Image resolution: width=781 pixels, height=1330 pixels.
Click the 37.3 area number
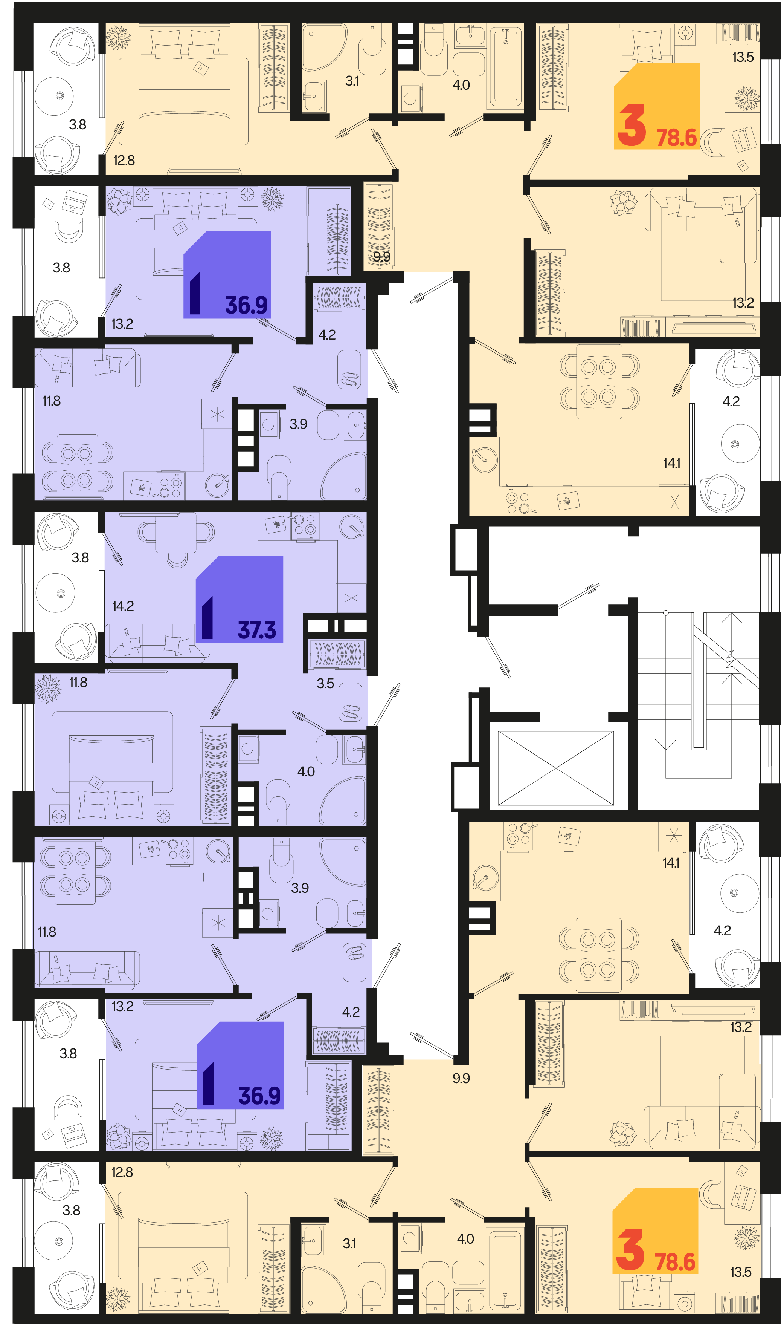click(257, 630)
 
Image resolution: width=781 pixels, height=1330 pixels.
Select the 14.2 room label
click(123, 606)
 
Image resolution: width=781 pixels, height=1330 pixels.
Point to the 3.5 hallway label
click(325, 684)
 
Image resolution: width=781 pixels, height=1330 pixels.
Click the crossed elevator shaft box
click(556, 768)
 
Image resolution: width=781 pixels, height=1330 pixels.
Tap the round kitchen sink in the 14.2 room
click(352, 526)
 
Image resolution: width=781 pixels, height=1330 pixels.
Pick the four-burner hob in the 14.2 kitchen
click(305, 526)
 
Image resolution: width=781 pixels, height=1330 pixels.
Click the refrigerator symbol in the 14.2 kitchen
click(351, 598)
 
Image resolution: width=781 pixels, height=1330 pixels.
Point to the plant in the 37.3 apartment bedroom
click(48, 689)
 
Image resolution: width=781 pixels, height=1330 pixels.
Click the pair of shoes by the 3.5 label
click(351, 712)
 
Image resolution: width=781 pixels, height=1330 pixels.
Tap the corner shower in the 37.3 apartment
click(343, 800)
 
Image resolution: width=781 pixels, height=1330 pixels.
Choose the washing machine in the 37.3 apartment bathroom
click(249, 748)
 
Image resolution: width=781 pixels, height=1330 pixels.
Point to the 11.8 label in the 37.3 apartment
click(78, 683)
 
